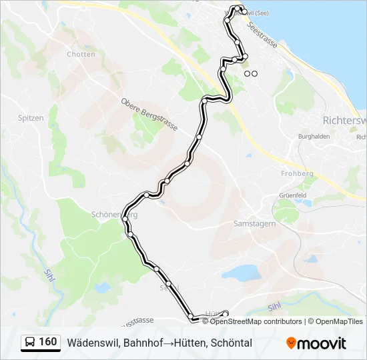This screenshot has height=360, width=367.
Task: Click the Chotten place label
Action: [81, 54]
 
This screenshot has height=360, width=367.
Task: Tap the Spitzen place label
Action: [31, 118]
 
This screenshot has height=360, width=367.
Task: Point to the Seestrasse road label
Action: [262, 33]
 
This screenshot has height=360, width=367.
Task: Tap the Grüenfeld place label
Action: [292, 195]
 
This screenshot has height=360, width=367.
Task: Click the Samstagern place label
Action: [255, 224]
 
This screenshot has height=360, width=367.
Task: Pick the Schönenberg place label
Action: [113, 215]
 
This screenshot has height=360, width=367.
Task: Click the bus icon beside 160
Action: [30, 343]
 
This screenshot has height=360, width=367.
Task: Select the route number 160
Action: [48, 342]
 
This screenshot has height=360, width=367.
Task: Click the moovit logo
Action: [316, 343]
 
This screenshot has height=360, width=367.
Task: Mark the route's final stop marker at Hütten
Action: [225, 313]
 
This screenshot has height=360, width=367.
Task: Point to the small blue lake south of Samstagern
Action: [242, 272]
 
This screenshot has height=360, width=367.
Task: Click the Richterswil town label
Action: [344, 121]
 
